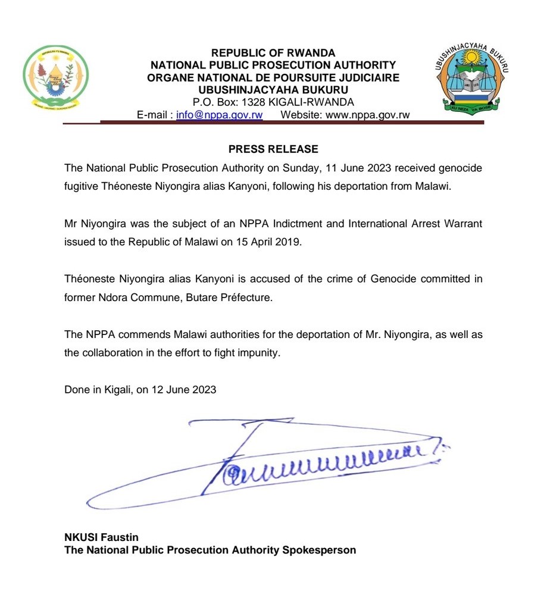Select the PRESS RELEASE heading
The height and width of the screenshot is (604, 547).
[x=273, y=149]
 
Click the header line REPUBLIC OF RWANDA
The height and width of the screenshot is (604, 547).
[x=273, y=53]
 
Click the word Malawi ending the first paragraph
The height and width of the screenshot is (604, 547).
[x=435, y=186]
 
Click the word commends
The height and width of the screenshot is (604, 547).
[x=135, y=335]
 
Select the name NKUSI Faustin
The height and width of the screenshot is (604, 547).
[x=101, y=538]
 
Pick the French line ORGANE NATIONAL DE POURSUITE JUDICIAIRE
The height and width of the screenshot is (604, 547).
[x=273, y=77]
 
